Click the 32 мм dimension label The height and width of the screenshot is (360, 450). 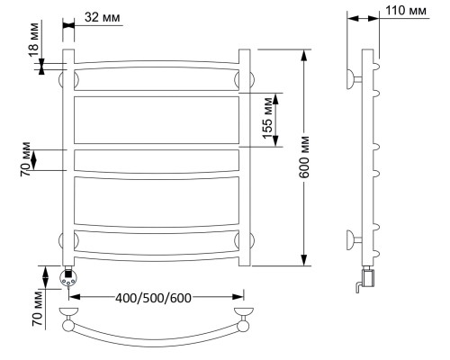click(x=103, y=17)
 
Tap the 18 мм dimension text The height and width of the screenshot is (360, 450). click(x=34, y=40)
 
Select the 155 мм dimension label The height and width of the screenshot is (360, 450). click(x=267, y=119)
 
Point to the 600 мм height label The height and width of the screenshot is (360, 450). click(x=304, y=157)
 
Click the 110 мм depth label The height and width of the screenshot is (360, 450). click(x=406, y=11)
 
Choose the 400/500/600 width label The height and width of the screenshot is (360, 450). click(x=153, y=298)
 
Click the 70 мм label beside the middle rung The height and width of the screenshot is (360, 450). click(x=26, y=159)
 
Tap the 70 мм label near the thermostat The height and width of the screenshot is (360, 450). click(x=38, y=309)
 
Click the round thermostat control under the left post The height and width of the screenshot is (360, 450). click(x=68, y=277)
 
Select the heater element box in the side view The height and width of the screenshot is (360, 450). click(x=369, y=278)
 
